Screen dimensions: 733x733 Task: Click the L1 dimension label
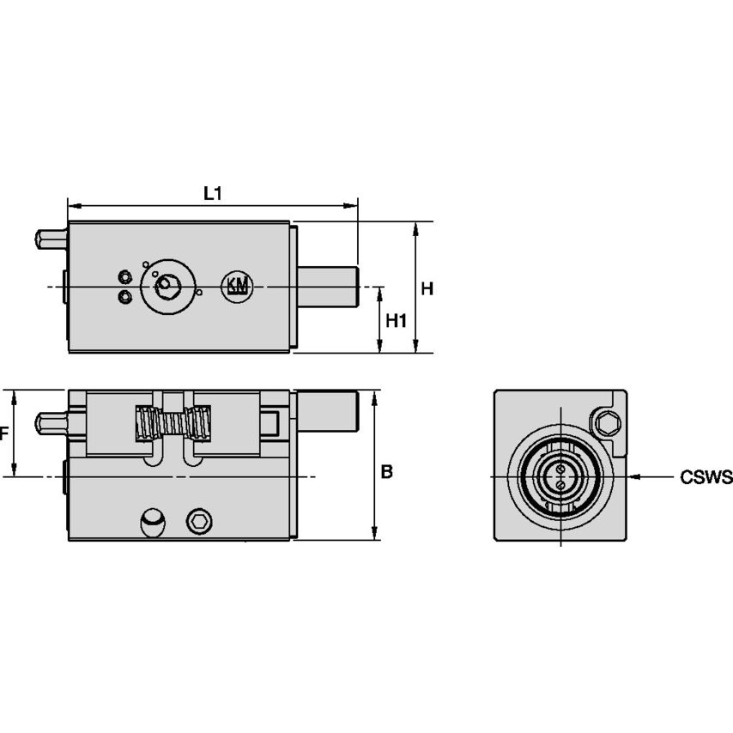[x=212, y=193]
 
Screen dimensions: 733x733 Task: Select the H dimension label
[x=427, y=288]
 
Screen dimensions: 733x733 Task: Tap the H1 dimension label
[x=396, y=320]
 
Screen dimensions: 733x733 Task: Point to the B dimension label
[x=387, y=471]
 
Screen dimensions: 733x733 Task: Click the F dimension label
[x=3, y=433]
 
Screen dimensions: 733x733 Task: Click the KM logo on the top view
[x=236, y=286]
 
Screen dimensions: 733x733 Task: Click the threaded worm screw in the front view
[x=174, y=423]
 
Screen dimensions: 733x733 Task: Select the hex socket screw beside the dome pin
[x=199, y=520]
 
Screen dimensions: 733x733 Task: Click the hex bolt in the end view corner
[x=607, y=421]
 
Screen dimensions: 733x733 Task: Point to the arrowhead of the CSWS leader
[x=633, y=476]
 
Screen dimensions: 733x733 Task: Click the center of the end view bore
[x=559, y=476]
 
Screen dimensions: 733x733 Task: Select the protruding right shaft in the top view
[x=328, y=286]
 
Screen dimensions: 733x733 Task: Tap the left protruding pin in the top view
[x=51, y=238]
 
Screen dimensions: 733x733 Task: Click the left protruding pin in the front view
[x=51, y=423]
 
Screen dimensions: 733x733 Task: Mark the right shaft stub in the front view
[x=328, y=412]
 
